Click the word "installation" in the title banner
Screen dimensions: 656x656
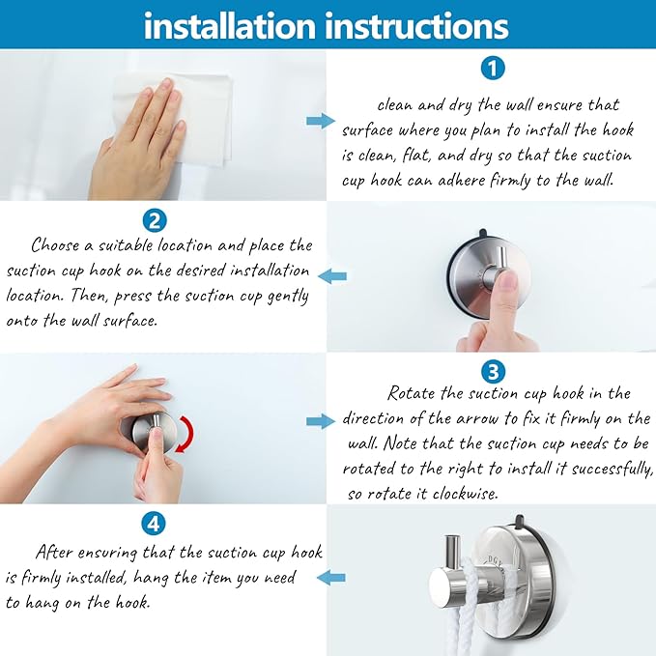point(229,26)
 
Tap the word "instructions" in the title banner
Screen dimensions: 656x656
point(416,26)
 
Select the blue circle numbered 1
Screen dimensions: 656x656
point(493,68)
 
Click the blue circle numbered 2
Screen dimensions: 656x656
point(155,220)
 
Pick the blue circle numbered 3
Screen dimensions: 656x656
point(494,371)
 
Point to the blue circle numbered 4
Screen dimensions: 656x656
point(154,523)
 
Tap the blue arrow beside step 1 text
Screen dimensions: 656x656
point(321,122)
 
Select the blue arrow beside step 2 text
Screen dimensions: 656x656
point(332,276)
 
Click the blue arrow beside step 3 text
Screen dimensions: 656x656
point(321,421)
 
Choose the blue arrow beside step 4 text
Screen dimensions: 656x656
point(331,578)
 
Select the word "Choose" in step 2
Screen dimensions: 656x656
point(55,245)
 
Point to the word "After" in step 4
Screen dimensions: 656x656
point(53,553)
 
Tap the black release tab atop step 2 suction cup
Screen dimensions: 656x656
point(482,232)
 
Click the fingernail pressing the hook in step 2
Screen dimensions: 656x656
point(509,279)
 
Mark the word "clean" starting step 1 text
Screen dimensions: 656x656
point(394,105)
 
